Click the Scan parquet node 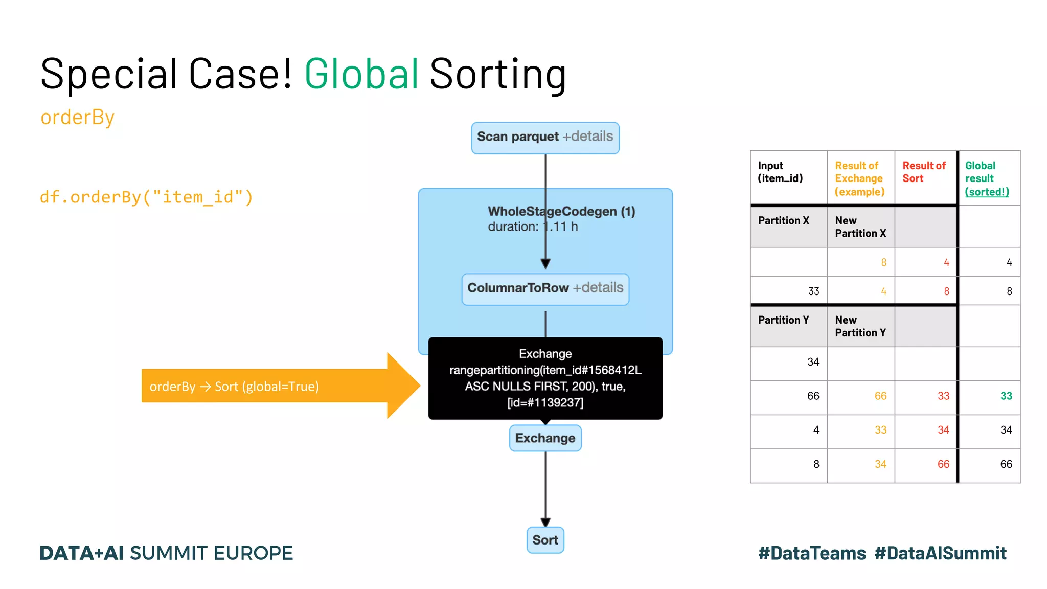click(545, 138)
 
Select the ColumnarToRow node click(545, 289)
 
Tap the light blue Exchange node click(545, 438)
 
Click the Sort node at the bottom click(545, 540)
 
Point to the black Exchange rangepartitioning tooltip click(545, 378)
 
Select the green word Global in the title click(361, 74)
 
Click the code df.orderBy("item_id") click(146, 197)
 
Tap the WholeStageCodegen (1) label click(561, 212)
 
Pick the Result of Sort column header click(924, 172)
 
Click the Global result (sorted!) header click(987, 178)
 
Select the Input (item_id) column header click(780, 172)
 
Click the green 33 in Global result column click(1006, 396)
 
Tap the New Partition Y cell click(860, 326)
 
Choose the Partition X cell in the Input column click(784, 221)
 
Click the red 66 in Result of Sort click(943, 464)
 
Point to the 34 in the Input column click(813, 362)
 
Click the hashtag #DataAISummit click(940, 553)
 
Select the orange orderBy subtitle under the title click(78, 118)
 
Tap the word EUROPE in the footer click(253, 553)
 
